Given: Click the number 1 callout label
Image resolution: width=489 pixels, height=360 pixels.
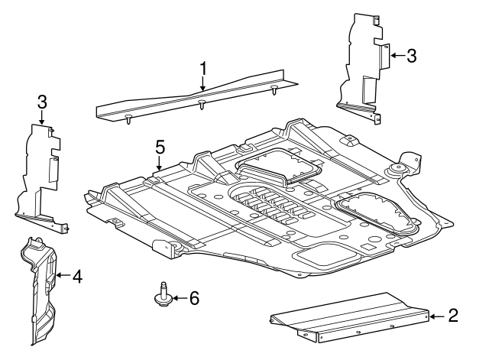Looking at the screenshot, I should [203, 67].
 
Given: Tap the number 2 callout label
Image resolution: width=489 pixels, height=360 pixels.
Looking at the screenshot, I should [453, 315].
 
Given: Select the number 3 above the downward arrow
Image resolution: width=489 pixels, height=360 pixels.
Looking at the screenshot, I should [41, 102].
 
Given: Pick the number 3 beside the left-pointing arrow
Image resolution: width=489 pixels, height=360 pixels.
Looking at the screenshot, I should [411, 55].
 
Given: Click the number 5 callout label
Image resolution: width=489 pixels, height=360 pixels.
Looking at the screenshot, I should [160, 145].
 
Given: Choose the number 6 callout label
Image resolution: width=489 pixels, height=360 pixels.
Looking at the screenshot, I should [193, 297].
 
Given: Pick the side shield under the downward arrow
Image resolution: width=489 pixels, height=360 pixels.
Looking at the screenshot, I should [38, 176].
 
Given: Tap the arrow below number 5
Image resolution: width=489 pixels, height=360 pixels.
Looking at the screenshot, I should [160, 162].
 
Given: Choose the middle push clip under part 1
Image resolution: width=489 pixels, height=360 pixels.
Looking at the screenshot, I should [200, 105].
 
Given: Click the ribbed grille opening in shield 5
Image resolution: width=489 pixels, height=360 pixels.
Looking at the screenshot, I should [267, 205].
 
